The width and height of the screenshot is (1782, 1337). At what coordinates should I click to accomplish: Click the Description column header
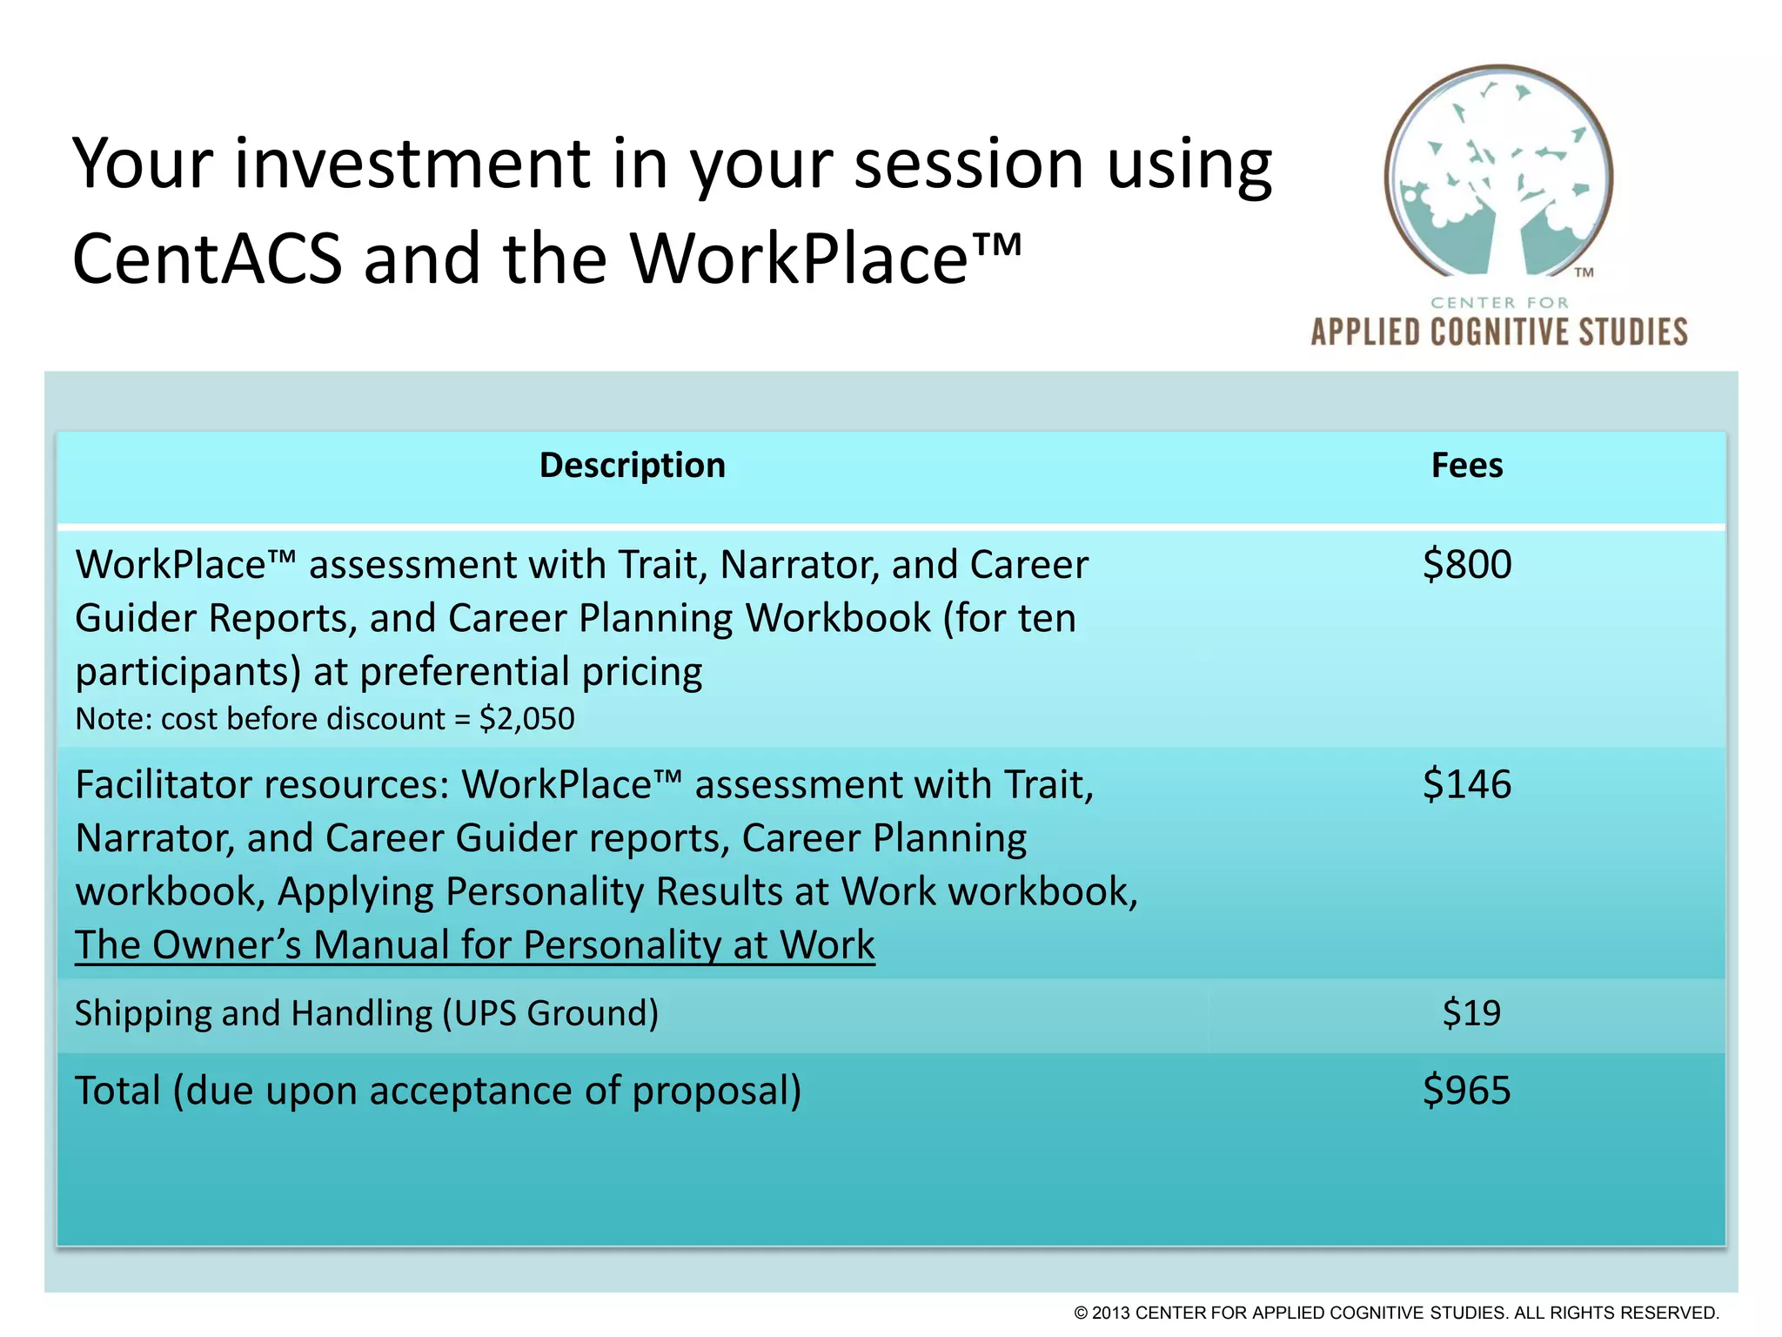point(632,466)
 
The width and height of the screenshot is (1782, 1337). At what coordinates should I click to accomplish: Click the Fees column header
point(1467,466)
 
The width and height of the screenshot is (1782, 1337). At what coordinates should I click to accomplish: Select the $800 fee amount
point(1467,564)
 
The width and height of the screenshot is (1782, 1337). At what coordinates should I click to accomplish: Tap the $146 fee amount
point(1467,784)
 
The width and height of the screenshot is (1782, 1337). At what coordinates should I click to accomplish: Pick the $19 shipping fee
point(1471,1013)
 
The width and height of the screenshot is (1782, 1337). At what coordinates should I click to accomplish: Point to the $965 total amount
point(1467,1091)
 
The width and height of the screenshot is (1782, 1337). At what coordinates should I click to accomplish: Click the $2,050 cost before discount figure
point(526,719)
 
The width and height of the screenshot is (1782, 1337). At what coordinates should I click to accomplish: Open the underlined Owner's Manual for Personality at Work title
point(474,945)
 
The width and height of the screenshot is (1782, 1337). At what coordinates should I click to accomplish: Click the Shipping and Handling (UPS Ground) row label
point(366,1013)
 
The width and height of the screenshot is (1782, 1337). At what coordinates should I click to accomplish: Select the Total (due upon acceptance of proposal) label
point(438,1091)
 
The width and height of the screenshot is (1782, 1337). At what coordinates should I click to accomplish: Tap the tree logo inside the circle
point(1498,174)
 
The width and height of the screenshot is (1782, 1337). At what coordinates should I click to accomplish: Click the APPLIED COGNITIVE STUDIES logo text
point(1498,333)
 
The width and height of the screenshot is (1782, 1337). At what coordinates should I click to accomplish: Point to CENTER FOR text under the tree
point(1499,303)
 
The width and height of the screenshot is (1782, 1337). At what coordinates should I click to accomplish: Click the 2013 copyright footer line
point(1396,1313)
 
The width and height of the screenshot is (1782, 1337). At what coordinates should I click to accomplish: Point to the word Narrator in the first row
point(800,564)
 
